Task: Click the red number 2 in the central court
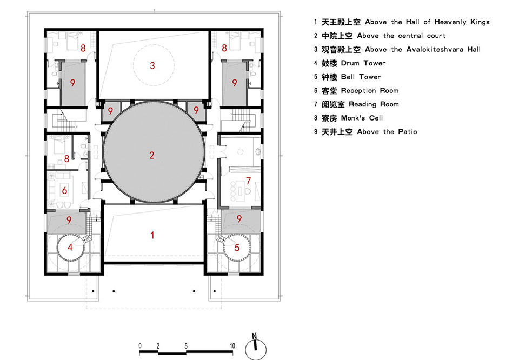coord(151,155)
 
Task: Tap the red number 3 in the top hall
coord(152,65)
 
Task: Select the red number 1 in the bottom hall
coord(152,235)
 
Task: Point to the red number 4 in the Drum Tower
coord(70,247)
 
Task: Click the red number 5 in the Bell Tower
coord(237,248)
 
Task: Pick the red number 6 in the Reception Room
coord(64,190)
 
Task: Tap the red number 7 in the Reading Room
coord(249,181)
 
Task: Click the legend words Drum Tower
coord(363,63)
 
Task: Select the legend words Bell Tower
coord(361,77)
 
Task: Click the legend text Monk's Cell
coord(362,118)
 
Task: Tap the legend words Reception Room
coord(370,91)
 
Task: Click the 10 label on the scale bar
coord(232,346)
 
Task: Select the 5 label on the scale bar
coord(186,346)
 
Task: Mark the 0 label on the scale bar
coord(140,346)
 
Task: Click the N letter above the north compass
coord(254,336)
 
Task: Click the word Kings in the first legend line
coord(480,22)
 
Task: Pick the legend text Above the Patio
coord(387,132)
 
